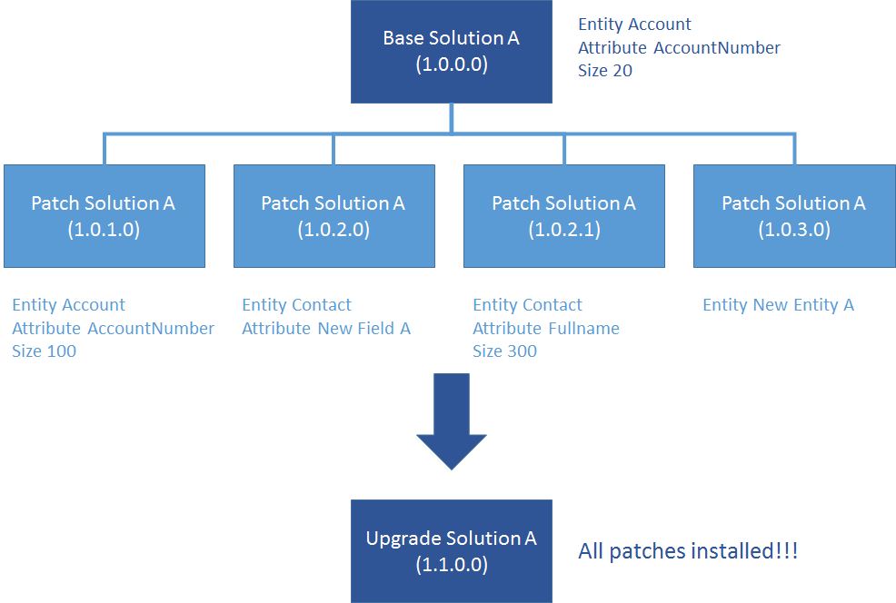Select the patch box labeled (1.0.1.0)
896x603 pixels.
(x=104, y=215)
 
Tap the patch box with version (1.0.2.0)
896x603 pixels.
(x=334, y=215)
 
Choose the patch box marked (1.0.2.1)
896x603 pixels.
(x=563, y=215)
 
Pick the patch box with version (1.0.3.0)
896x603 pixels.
(x=794, y=215)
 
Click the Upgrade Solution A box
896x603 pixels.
(x=452, y=550)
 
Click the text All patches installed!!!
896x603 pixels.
(x=688, y=550)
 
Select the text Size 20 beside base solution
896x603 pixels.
(x=605, y=71)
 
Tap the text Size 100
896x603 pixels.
(x=44, y=351)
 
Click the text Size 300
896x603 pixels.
(x=504, y=351)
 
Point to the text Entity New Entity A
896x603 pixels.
(x=778, y=305)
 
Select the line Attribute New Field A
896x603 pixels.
(x=325, y=329)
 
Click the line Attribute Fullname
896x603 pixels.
(x=546, y=329)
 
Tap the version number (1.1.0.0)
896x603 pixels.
(x=452, y=565)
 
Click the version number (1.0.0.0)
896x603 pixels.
(x=452, y=64)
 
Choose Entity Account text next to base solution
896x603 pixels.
(x=634, y=25)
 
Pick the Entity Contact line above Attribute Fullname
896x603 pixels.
(x=527, y=305)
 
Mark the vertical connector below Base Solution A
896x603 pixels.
(x=452, y=119)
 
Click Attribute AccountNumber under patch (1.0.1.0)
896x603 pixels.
(x=113, y=329)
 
